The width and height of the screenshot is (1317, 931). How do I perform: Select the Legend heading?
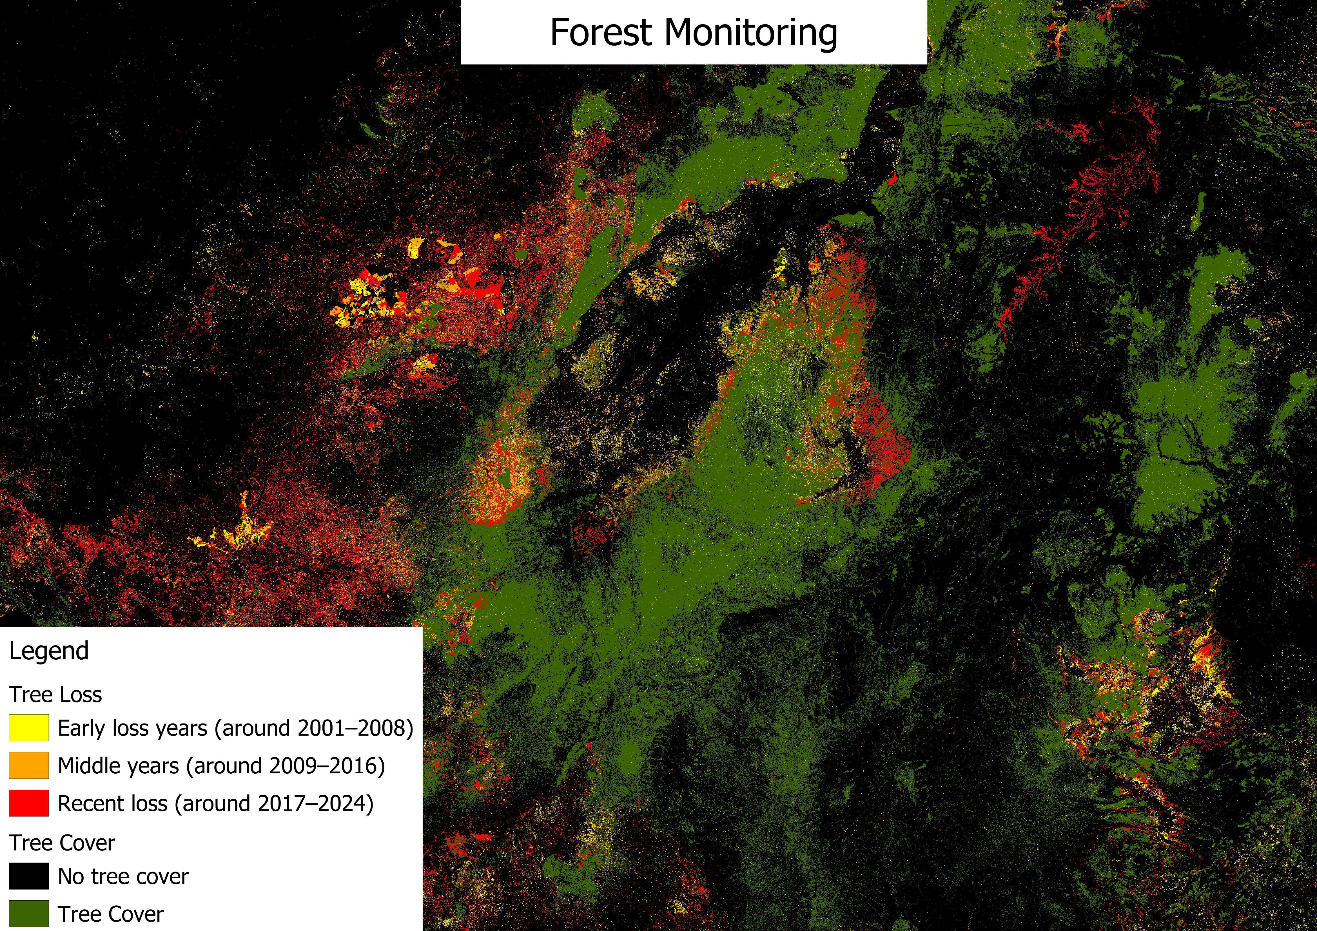49,651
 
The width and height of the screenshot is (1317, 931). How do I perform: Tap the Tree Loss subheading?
56,695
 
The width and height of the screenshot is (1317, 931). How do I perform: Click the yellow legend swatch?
29,728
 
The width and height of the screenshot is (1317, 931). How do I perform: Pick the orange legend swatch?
29,766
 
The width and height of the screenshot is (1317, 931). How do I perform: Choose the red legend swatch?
29,803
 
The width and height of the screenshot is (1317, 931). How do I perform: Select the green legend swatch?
29,914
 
